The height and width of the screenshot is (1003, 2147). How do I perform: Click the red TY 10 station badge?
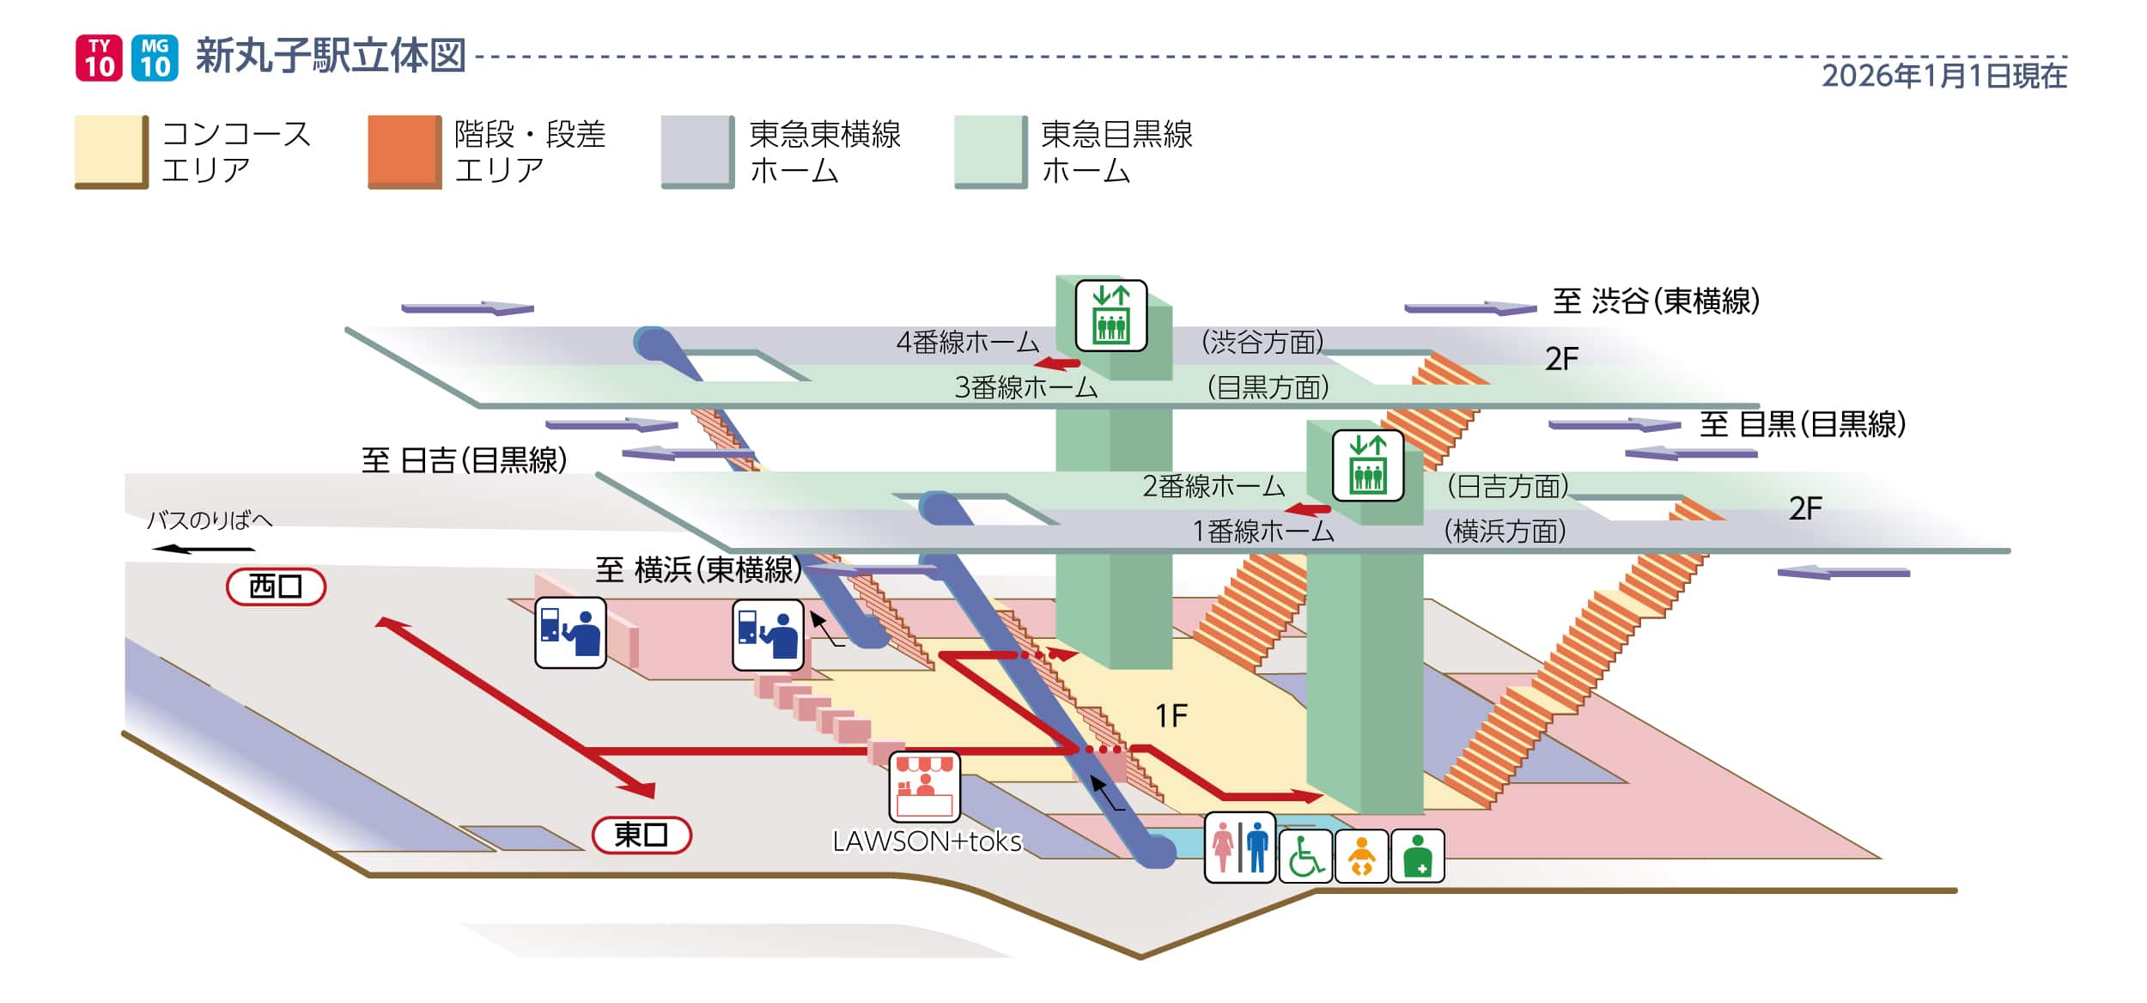point(99,58)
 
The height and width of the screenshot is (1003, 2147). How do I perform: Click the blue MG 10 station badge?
point(155,58)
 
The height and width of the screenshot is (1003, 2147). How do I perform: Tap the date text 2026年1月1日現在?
point(1943,76)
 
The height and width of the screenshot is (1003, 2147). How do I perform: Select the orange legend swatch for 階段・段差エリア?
point(404,151)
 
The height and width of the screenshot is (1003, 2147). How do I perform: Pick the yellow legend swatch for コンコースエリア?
point(111,151)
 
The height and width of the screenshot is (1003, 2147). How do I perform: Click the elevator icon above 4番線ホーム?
point(1110,315)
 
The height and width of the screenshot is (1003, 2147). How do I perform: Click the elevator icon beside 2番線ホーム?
point(1367,465)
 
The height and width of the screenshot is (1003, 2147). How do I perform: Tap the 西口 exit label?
point(276,587)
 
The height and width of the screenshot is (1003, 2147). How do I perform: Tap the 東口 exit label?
point(642,835)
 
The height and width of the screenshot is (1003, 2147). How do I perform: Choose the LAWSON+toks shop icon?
point(924,787)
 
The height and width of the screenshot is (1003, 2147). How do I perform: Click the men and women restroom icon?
point(1239,847)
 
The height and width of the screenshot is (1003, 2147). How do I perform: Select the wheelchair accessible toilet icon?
point(1305,856)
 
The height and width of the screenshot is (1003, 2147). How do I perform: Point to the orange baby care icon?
point(1361,856)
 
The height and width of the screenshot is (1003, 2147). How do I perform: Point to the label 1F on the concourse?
point(1171,715)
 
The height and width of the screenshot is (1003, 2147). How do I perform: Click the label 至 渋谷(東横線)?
point(1656,301)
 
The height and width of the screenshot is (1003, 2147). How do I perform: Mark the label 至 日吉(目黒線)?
point(464,461)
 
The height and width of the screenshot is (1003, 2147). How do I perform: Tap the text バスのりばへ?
point(210,520)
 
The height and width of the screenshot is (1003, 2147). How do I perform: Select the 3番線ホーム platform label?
point(1025,388)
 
